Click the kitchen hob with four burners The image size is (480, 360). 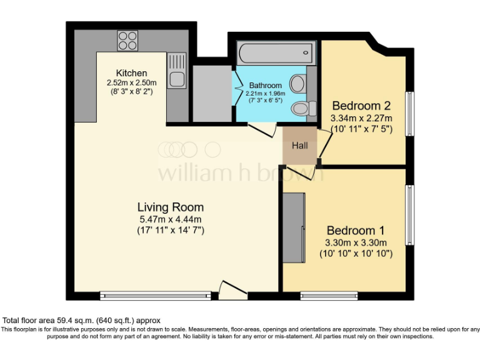[127, 41]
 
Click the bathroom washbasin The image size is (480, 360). [297, 82]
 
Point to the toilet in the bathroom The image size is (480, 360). [301, 108]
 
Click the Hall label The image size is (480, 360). [300, 145]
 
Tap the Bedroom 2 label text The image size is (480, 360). [361, 105]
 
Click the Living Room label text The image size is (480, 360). [171, 207]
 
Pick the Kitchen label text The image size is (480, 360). [131, 73]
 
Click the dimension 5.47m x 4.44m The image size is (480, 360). [171, 219]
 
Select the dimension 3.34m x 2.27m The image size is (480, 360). [361, 117]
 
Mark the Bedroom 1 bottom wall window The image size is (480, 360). [329, 294]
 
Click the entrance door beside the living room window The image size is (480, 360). [232, 288]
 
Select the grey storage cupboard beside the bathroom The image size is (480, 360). [212, 92]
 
